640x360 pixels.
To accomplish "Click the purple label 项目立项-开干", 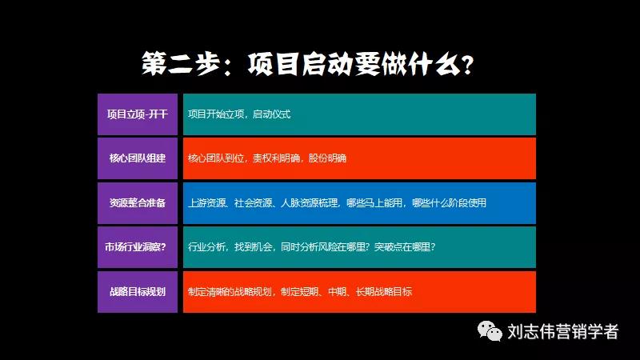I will coord(137,114).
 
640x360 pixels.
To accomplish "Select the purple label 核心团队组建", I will coord(137,158).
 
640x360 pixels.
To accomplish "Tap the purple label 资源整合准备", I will coord(137,202).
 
